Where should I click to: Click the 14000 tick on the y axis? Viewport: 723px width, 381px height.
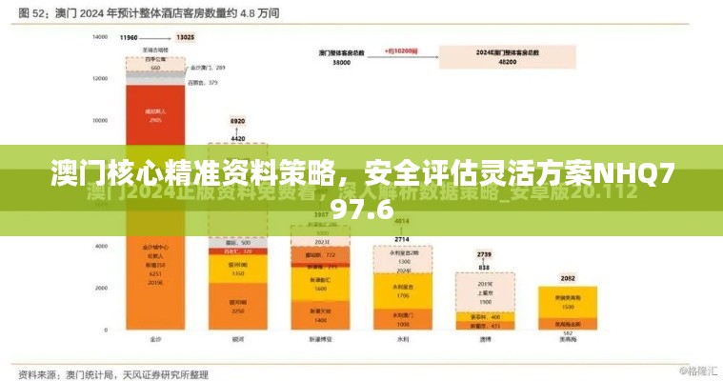[99, 37]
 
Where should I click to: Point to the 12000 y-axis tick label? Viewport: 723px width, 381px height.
[99, 79]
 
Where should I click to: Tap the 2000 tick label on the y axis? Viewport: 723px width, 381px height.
[101, 288]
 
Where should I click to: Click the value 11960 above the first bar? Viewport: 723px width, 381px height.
[130, 38]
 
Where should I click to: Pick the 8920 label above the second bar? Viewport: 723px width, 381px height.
[237, 122]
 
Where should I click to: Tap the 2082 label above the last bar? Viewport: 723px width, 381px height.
[568, 278]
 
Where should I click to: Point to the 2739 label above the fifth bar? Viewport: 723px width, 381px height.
[484, 254]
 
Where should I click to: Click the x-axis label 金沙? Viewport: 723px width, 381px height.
[155, 338]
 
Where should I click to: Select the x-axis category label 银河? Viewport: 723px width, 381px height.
[237, 338]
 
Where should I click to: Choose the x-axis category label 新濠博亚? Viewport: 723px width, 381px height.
[319, 338]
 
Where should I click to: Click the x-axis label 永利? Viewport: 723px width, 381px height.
[402, 338]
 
